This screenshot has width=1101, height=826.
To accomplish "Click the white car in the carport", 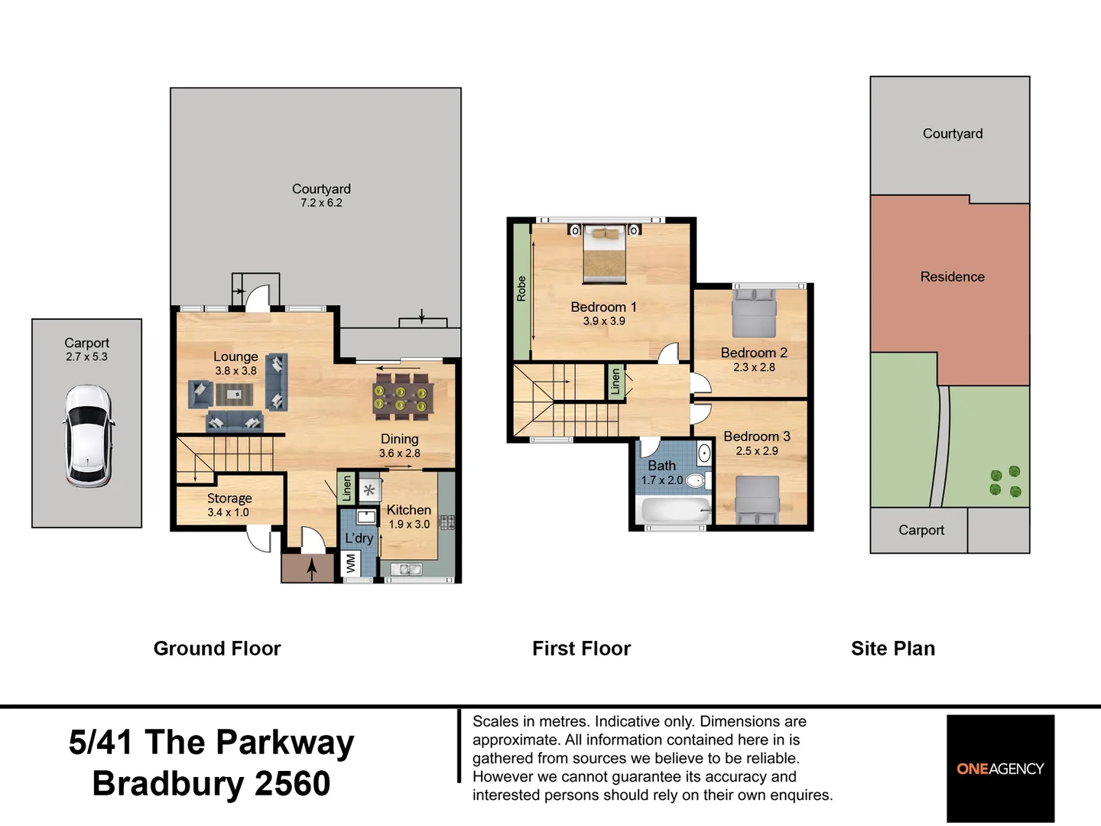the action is tap(88, 436).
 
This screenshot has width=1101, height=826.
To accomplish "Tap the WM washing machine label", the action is tap(351, 564).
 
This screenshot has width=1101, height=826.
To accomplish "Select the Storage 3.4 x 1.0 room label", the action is tap(229, 505).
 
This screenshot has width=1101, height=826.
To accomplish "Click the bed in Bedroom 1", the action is tap(605, 254).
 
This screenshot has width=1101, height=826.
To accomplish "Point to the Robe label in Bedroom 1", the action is tap(521, 289).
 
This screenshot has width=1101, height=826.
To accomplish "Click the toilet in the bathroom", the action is tap(698, 480).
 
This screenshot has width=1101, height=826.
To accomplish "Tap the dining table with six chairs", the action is tap(403, 397).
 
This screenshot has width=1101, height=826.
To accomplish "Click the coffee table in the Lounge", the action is tap(234, 394).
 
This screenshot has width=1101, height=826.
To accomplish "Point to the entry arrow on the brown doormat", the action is tap(312, 569).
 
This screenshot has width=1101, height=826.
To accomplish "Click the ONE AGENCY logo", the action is tap(1000, 769).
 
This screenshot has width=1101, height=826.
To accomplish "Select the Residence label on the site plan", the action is tap(952, 276).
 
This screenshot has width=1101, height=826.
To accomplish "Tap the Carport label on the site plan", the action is tap(921, 529).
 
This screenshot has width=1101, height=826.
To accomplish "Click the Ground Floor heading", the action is tap(217, 649).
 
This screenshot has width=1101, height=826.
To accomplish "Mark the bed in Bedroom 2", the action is tap(754, 313).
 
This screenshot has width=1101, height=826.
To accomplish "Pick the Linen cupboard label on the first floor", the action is tap(616, 382).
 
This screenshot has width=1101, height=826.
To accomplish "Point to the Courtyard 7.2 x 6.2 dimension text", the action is tap(322, 203).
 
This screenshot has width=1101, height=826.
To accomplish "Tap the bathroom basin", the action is tap(704, 454).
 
